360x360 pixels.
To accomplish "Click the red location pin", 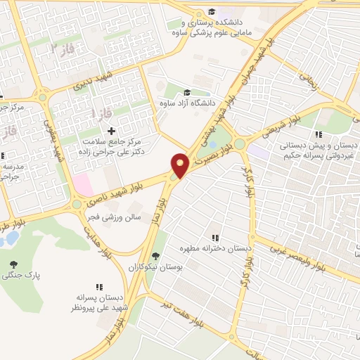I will click(180, 165).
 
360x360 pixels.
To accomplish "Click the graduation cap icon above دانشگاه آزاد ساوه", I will click(186, 92).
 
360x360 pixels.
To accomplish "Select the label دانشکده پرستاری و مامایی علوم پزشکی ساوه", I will click(212, 27).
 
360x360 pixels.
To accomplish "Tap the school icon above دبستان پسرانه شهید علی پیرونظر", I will click(99, 287).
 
